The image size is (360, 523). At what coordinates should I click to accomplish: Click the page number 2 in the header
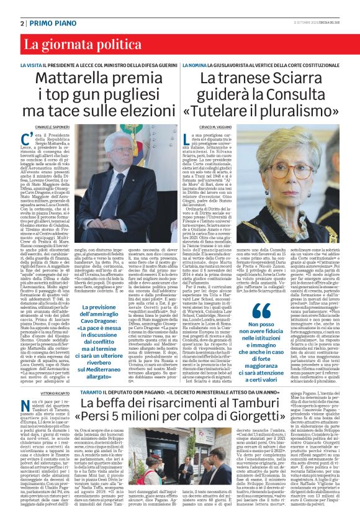point(23,23)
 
